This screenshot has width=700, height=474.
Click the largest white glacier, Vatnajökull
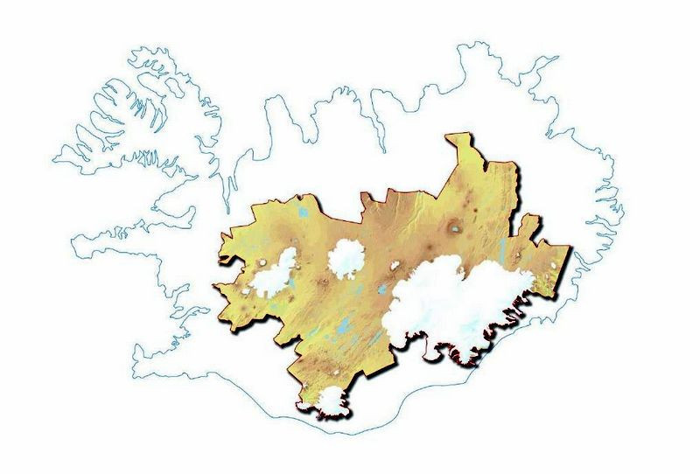(455, 302)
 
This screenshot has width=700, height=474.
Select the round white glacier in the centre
(347, 256)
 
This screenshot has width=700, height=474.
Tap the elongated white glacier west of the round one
(276, 274)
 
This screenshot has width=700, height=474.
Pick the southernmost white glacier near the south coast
(331, 403)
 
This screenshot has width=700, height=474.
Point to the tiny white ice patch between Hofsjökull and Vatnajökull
(395, 265)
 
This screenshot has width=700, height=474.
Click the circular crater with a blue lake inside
(453, 229)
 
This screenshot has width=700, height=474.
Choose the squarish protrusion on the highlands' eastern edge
(524, 227)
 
